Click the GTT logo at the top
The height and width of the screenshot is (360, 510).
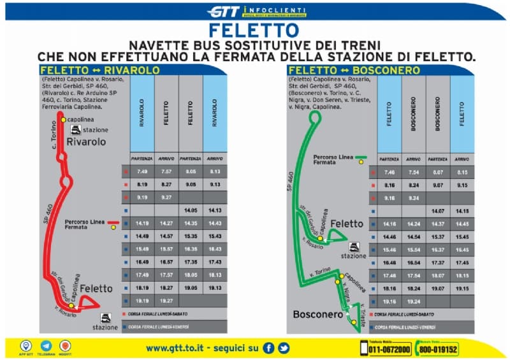tap(224, 11)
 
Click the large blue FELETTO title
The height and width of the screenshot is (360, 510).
tap(253, 30)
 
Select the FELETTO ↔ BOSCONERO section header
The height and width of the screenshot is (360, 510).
tap(354, 70)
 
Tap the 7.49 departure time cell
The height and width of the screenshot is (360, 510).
tap(142, 172)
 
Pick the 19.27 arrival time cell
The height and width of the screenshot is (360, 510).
tap(166, 299)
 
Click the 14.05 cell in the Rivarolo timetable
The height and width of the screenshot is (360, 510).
tap(191, 210)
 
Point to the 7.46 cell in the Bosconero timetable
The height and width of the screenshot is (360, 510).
tap(390, 173)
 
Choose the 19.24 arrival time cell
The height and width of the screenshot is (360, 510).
tap(414, 301)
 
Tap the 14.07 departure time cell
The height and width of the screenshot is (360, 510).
tap(438, 211)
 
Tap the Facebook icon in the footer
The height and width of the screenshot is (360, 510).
tap(268, 348)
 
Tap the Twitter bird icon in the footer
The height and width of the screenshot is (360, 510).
tap(284, 348)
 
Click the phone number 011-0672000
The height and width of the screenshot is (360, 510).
tap(390, 349)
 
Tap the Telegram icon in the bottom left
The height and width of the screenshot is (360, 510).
tap(46, 345)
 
